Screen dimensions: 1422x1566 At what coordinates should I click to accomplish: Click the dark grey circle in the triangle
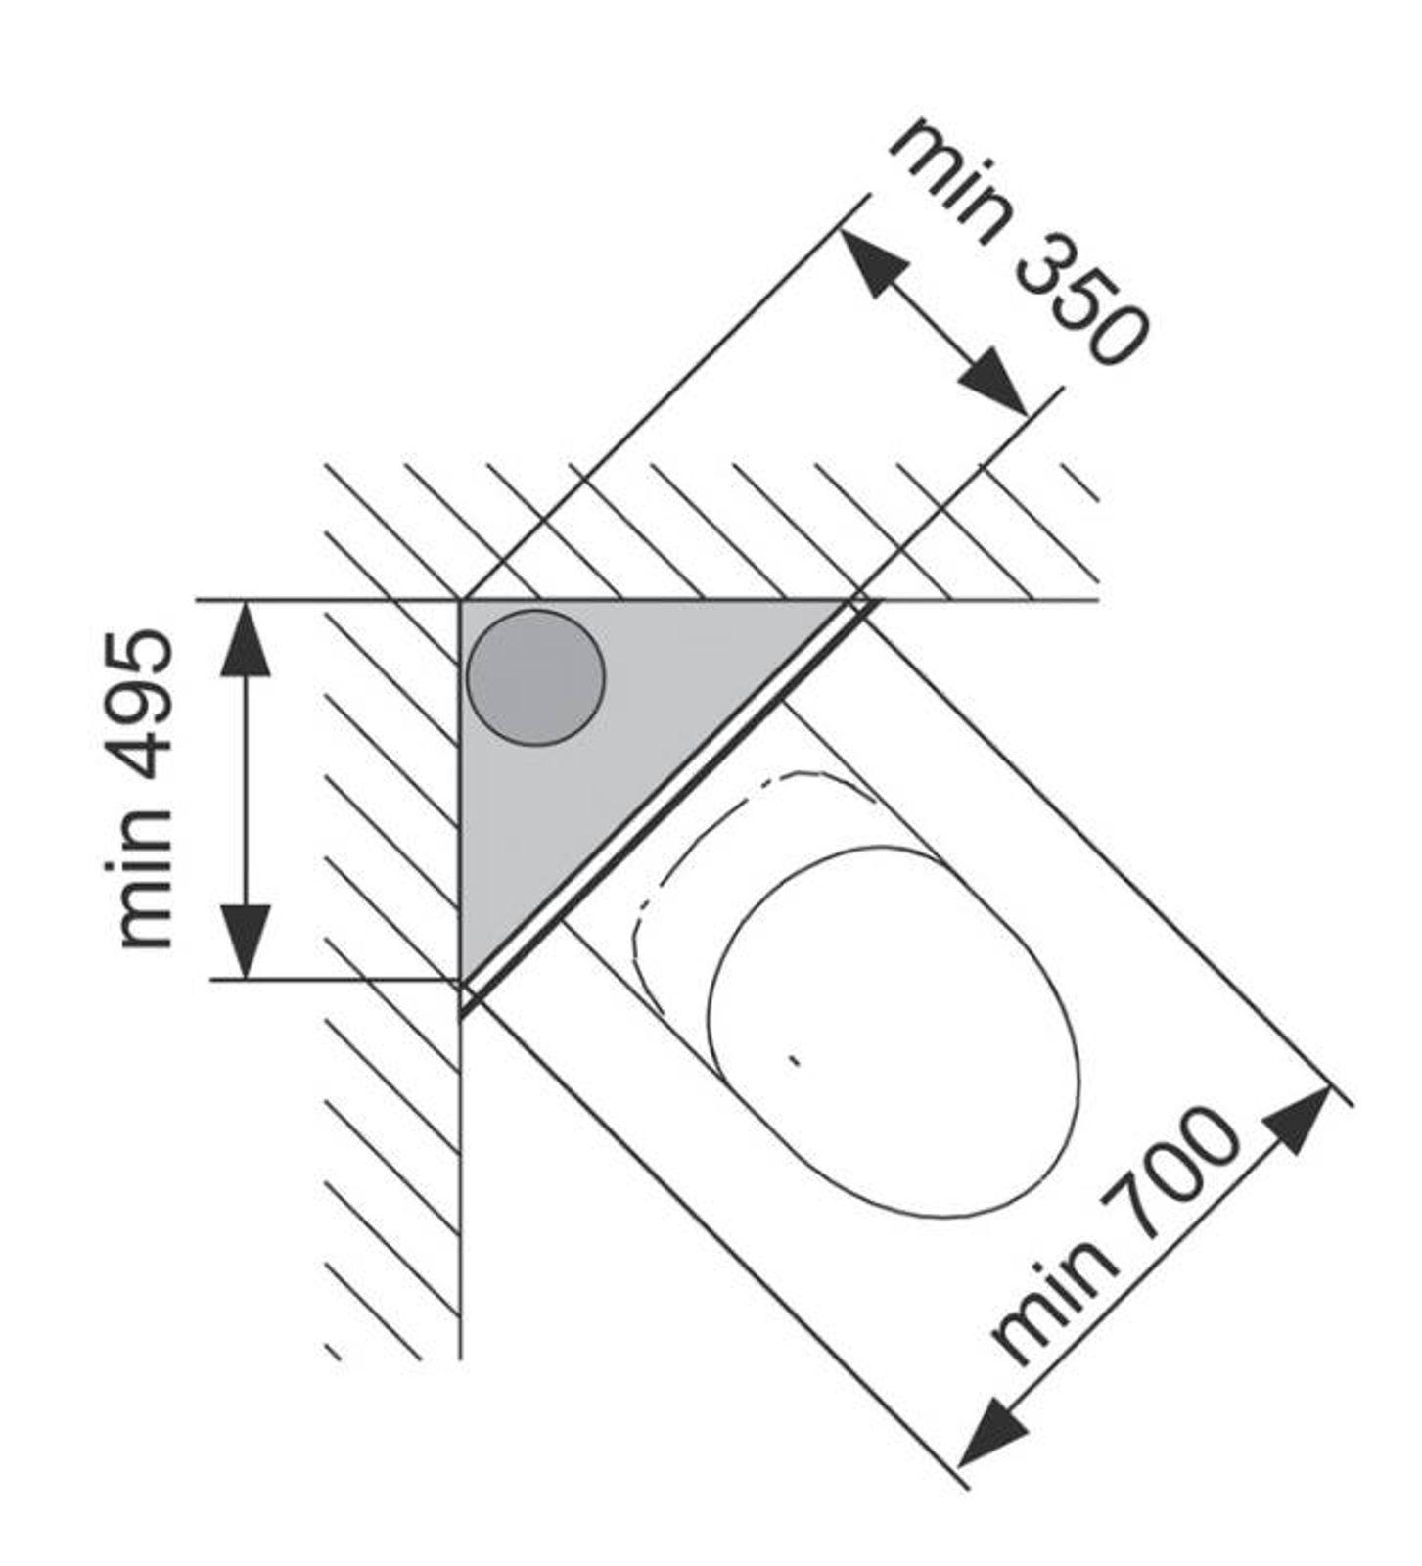tap(535, 677)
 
